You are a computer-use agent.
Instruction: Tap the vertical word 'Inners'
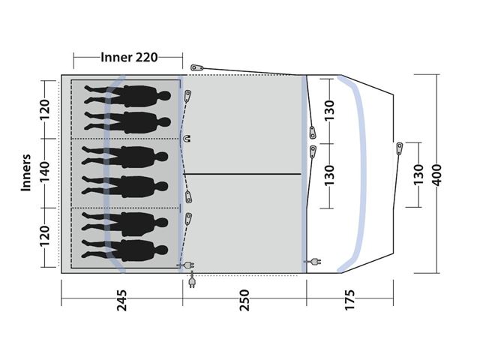pyautogui.click(x=26, y=173)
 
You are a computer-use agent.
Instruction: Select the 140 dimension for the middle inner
pyautogui.click(x=45, y=173)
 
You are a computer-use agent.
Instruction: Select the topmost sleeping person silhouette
pyautogui.click(x=127, y=95)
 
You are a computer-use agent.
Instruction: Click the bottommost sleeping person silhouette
pyautogui.click(x=127, y=248)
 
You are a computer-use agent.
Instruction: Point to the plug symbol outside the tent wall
pyautogui.click(x=193, y=281)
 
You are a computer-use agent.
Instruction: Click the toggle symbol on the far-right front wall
pyautogui.click(x=399, y=148)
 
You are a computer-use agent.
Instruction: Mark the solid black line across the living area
pyautogui.click(x=242, y=174)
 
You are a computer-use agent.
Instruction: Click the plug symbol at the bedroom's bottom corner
pyautogui.click(x=183, y=264)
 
